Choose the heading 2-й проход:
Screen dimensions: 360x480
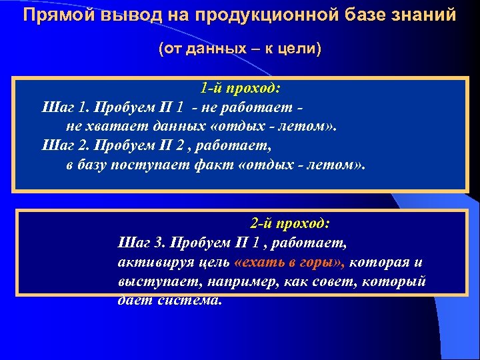(x=291, y=223)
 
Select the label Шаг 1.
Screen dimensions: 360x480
(x=64, y=107)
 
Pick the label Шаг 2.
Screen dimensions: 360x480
(x=64, y=144)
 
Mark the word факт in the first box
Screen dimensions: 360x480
(x=217, y=163)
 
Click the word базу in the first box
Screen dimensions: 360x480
(x=98, y=163)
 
